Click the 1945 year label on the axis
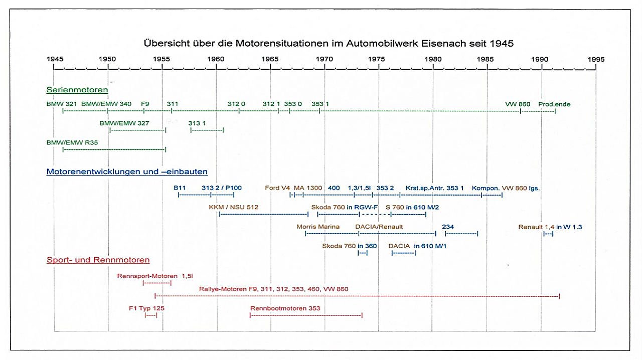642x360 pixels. click(x=55, y=59)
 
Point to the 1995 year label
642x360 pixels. click(x=596, y=59)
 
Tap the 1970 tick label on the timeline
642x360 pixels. click(x=325, y=59)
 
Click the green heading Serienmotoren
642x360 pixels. click(x=77, y=90)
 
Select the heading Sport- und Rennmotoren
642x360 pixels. click(x=98, y=260)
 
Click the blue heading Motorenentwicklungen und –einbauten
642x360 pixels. click(x=127, y=171)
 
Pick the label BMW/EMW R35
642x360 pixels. click(x=72, y=142)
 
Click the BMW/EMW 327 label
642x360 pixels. click(x=124, y=123)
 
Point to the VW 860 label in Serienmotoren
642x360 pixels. click(x=518, y=104)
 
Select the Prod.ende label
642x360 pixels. click(x=554, y=104)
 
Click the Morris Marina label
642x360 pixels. click(x=318, y=227)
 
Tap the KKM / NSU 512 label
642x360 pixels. click(x=234, y=207)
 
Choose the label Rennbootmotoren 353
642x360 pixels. click(x=285, y=308)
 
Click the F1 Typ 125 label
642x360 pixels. click(x=147, y=308)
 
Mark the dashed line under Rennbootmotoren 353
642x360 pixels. click(x=306, y=315)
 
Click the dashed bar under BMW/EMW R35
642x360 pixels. click(x=114, y=149)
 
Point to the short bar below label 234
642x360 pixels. click(x=461, y=234)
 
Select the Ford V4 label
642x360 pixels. click(x=277, y=188)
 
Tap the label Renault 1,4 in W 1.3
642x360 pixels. click(x=550, y=227)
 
